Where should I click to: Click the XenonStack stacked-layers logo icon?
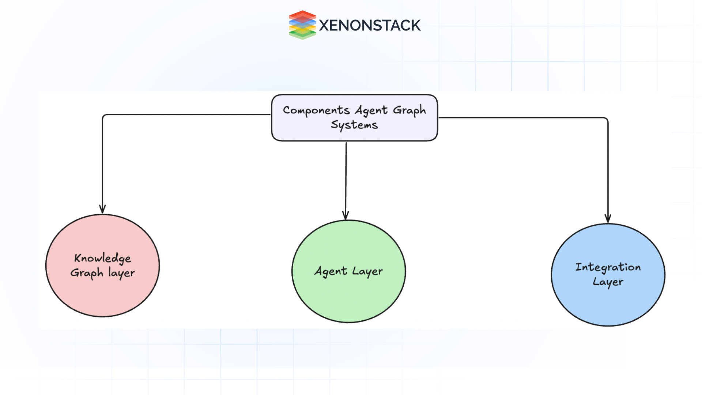point(302,25)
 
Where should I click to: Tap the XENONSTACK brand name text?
point(370,26)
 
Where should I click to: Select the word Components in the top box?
point(316,110)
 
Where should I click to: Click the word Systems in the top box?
point(354,125)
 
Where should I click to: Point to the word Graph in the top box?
point(409,110)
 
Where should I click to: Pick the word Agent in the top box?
point(371,110)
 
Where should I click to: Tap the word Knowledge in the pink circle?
point(102,258)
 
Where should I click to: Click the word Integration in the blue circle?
point(608,267)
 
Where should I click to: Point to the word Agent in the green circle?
point(331,271)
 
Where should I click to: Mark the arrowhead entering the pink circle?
point(102,209)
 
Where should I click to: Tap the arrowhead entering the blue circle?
point(608,218)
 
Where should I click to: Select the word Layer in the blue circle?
point(608,282)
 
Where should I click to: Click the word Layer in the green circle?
point(367,271)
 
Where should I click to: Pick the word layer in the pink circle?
point(121,273)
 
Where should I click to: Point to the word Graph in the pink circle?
point(87,273)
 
